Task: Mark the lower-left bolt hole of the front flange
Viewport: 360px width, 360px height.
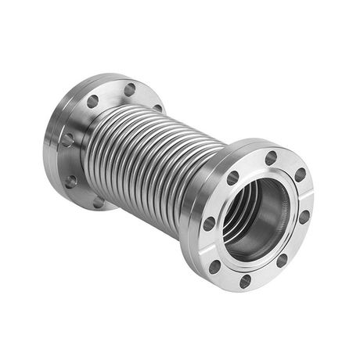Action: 214,265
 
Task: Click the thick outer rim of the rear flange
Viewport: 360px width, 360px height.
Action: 55,157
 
